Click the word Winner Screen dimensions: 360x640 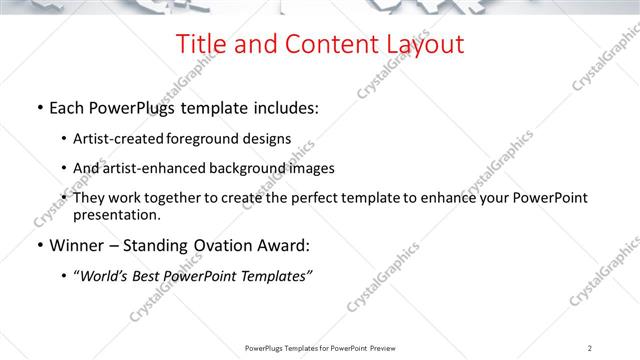click(x=78, y=245)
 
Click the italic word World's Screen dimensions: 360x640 click(x=105, y=275)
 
